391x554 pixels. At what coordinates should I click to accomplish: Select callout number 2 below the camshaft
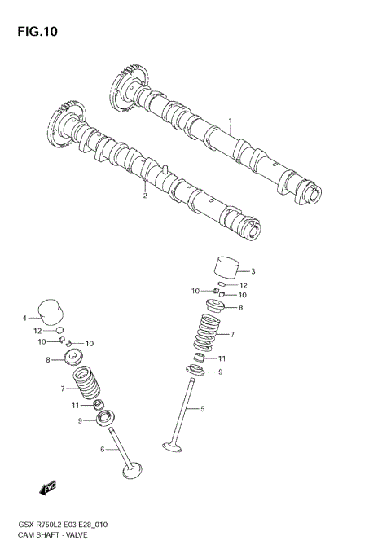point(145,196)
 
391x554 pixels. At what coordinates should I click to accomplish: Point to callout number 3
point(253,271)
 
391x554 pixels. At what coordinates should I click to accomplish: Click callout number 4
point(24,318)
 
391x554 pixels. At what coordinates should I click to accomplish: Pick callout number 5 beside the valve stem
point(203,408)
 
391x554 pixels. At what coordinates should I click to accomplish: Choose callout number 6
point(103,448)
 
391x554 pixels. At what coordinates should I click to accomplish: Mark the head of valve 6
point(130,472)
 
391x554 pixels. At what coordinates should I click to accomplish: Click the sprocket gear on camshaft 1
point(129,88)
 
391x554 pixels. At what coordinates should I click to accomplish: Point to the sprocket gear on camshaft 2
point(66,122)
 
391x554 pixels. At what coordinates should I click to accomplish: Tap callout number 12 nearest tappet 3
point(243,285)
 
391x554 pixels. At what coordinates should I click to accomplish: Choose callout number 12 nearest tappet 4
point(37,331)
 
